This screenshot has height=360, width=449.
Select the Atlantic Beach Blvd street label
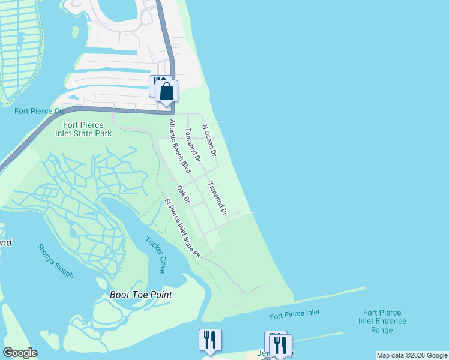(179, 146)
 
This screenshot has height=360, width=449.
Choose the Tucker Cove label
(154, 254)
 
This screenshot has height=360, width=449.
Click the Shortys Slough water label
(55, 260)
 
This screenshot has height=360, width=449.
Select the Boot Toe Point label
(141, 295)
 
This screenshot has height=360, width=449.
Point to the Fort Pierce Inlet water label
(295, 314)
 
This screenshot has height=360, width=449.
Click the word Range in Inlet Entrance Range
(382, 330)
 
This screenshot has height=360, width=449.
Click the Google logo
(20, 353)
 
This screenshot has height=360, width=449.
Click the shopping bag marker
(167, 92)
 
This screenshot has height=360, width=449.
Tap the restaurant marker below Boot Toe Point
(210, 340)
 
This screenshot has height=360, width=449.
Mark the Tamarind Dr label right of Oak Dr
(217, 198)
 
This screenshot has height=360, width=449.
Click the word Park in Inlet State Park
(103, 133)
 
